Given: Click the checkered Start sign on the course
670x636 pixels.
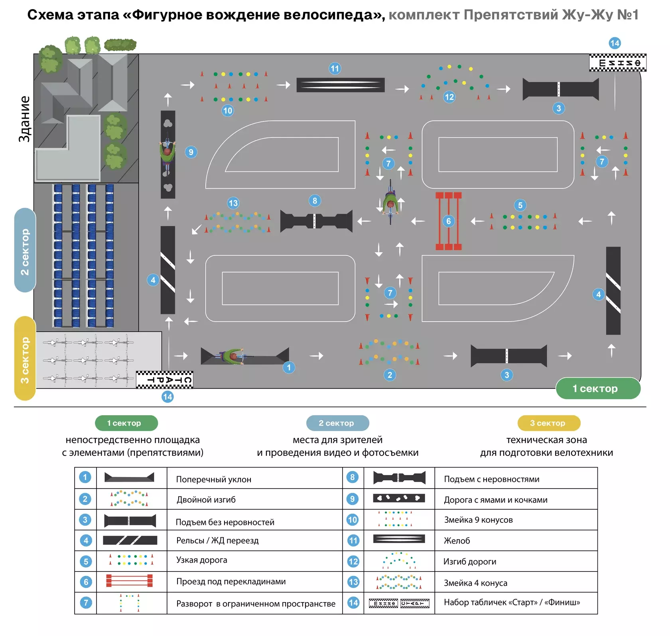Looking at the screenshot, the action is point(165,379).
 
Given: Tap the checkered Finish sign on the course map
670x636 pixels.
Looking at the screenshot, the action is point(618,63).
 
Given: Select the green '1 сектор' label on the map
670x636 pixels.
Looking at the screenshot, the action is point(598,389).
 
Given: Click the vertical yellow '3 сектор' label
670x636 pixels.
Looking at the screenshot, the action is point(25,358).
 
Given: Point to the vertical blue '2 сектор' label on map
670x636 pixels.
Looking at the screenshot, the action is point(25,250).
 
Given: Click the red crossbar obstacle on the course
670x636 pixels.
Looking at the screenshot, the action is point(449,221).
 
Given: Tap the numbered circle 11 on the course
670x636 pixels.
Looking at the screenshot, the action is point(335,69).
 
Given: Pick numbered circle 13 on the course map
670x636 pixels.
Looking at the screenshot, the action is point(233,203).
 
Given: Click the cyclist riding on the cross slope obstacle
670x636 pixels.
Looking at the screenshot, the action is point(233,356).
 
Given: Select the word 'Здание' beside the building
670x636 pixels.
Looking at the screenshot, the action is point(24,119).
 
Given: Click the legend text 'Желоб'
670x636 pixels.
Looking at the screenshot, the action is point(457,541).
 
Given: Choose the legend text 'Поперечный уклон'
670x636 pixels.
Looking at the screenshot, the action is point(214,479).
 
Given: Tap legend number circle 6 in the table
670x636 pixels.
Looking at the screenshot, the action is point(86,582).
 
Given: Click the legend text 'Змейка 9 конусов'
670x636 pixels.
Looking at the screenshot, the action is point(479,520).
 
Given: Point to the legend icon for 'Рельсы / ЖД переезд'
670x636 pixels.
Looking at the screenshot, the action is point(130,540).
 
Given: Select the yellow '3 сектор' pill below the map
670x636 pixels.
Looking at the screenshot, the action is point(549,423).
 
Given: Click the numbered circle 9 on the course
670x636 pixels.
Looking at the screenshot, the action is point(191,152).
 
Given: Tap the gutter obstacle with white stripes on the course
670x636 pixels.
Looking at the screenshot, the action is point(341,85).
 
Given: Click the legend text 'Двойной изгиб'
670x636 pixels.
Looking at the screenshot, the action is point(206,500).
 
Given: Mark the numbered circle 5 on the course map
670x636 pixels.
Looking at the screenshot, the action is point(520,205).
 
